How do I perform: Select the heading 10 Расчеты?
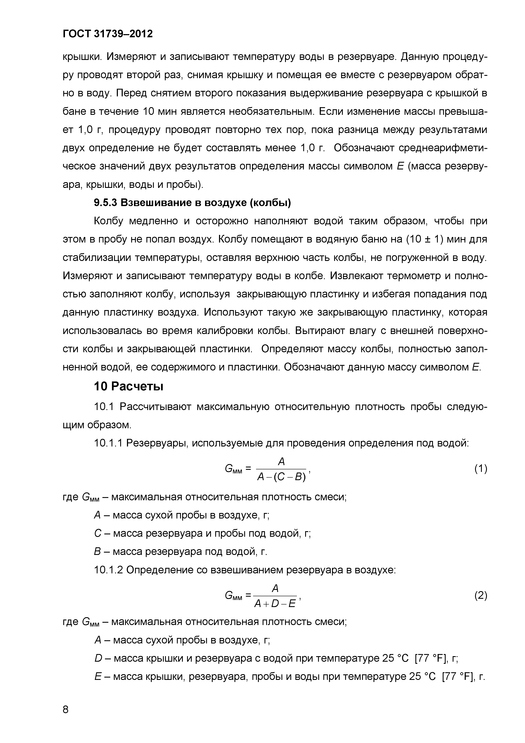[128, 386]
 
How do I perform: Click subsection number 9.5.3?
[105, 203]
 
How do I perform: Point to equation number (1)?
[481, 469]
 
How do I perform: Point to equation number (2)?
[481, 595]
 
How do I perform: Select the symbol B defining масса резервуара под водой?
[98, 551]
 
